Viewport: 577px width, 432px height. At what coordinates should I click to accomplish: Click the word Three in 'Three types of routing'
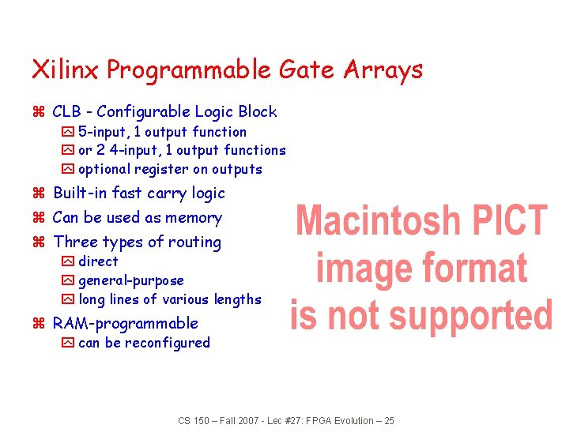tap(74, 242)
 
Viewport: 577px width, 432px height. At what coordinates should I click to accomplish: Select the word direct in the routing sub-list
tap(98, 261)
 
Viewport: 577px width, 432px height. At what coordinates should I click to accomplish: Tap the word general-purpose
tap(131, 280)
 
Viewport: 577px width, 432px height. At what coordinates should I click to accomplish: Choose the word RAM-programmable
tap(125, 323)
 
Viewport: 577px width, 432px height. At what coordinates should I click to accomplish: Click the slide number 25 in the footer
tap(388, 421)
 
